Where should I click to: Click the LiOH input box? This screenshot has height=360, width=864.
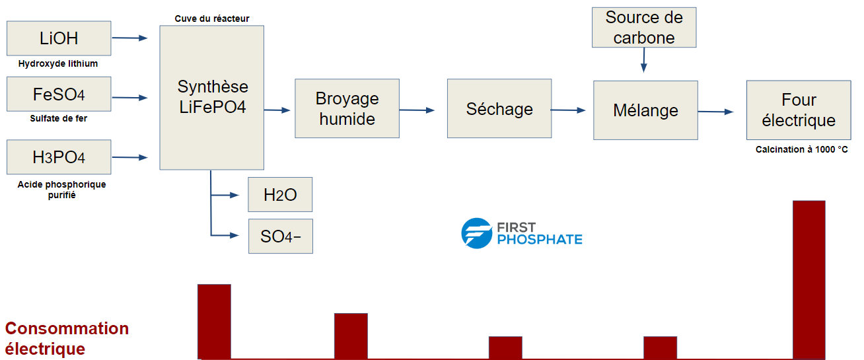(x=59, y=38)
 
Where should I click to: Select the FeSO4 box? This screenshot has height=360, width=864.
(x=59, y=94)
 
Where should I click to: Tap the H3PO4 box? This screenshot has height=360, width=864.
(x=59, y=157)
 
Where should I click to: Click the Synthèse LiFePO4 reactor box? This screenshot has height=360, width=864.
(x=212, y=97)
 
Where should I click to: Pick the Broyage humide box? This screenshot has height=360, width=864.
(x=347, y=108)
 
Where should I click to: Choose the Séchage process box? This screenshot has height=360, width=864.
(x=499, y=108)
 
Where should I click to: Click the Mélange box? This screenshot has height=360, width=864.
(x=645, y=110)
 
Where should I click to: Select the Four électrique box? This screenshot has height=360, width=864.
(x=799, y=110)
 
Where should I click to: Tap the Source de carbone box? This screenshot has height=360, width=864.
(x=644, y=27)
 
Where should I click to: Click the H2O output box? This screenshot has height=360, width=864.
(x=280, y=194)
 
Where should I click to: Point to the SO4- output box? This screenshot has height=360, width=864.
(x=280, y=236)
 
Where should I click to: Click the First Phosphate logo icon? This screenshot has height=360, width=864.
(x=476, y=233)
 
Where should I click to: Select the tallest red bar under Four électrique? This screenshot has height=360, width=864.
(x=809, y=279)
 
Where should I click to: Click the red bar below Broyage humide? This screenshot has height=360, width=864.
(x=351, y=336)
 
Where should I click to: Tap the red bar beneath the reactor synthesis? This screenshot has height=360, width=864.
(x=214, y=321)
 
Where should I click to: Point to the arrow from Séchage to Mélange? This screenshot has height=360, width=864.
(x=568, y=110)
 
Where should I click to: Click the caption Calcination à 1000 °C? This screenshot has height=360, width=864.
(x=801, y=150)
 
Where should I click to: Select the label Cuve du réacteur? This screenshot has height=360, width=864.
(x=212, y=18)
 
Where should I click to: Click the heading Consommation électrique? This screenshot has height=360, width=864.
(x=67, y=338)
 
